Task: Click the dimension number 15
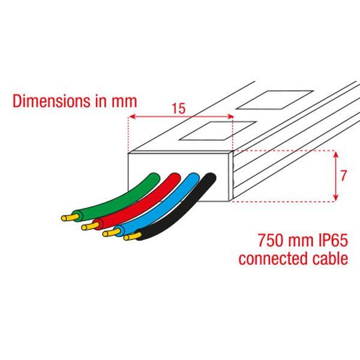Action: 179,109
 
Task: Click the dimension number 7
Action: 343,176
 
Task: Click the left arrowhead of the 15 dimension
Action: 131,116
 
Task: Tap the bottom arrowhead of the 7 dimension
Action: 335,197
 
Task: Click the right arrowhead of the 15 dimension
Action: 230,116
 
